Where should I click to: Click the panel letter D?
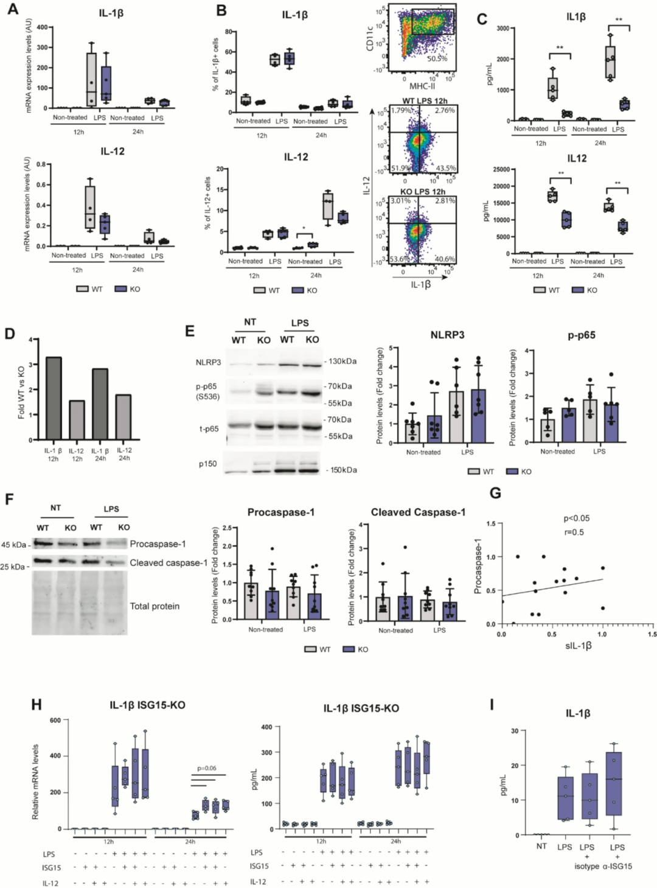[x=10, y=334]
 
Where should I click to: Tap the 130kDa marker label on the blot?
[x=342, y=362]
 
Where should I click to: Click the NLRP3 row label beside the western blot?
[x=209, y=363]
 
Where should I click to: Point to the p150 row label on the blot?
[x=207, y=464]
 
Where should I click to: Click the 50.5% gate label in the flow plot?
[x=436, y=59]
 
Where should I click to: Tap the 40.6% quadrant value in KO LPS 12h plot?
[x=445, y=259]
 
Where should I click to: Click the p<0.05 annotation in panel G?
[x=576, y=519]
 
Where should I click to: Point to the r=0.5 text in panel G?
[x=574, y=532]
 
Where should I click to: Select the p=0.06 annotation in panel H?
[x=207, y=768]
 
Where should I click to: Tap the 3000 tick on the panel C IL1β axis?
[x=502, y=29]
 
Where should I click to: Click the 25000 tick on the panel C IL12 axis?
[x=501, y=169]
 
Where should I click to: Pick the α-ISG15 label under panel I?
[x=617, y=866]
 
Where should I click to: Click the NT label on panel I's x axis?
[x=541, y=846]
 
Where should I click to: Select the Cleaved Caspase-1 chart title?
[x=418, y=512]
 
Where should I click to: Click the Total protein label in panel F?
[x=155, y=606]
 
